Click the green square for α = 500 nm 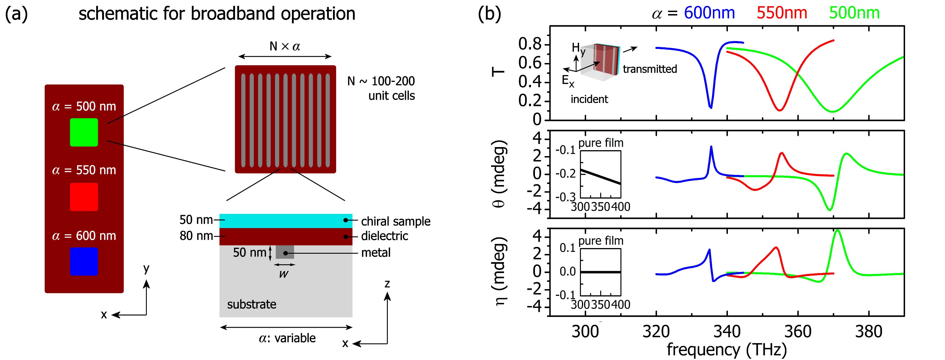(84, 132)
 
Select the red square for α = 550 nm (84, 197)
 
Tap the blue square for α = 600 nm (84, 261)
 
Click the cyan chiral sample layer (285, 220)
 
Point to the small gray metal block (285, 252)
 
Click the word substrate (252, 304)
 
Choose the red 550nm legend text (782, 13)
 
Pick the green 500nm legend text (854, 13)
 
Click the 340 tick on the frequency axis (727, 332)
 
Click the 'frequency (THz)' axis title (727, 350)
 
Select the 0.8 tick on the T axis (530, 44)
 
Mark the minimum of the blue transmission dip (711, 107)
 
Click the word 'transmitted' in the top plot (650, 69)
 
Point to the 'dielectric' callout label (384, 236)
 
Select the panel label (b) (489, 14)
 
